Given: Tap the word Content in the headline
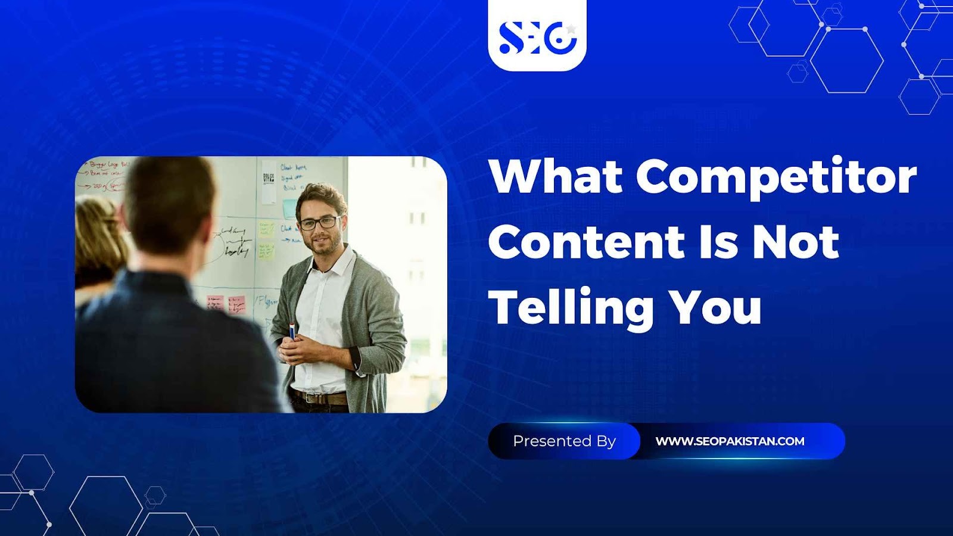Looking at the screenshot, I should point(587,242).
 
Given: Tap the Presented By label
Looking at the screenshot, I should point(564,441).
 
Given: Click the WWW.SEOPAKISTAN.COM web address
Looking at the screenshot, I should point(730,441).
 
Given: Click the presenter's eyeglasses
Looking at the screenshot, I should point(318,223).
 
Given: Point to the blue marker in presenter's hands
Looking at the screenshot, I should point(292,331).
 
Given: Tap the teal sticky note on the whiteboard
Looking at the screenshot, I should point(290,208).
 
